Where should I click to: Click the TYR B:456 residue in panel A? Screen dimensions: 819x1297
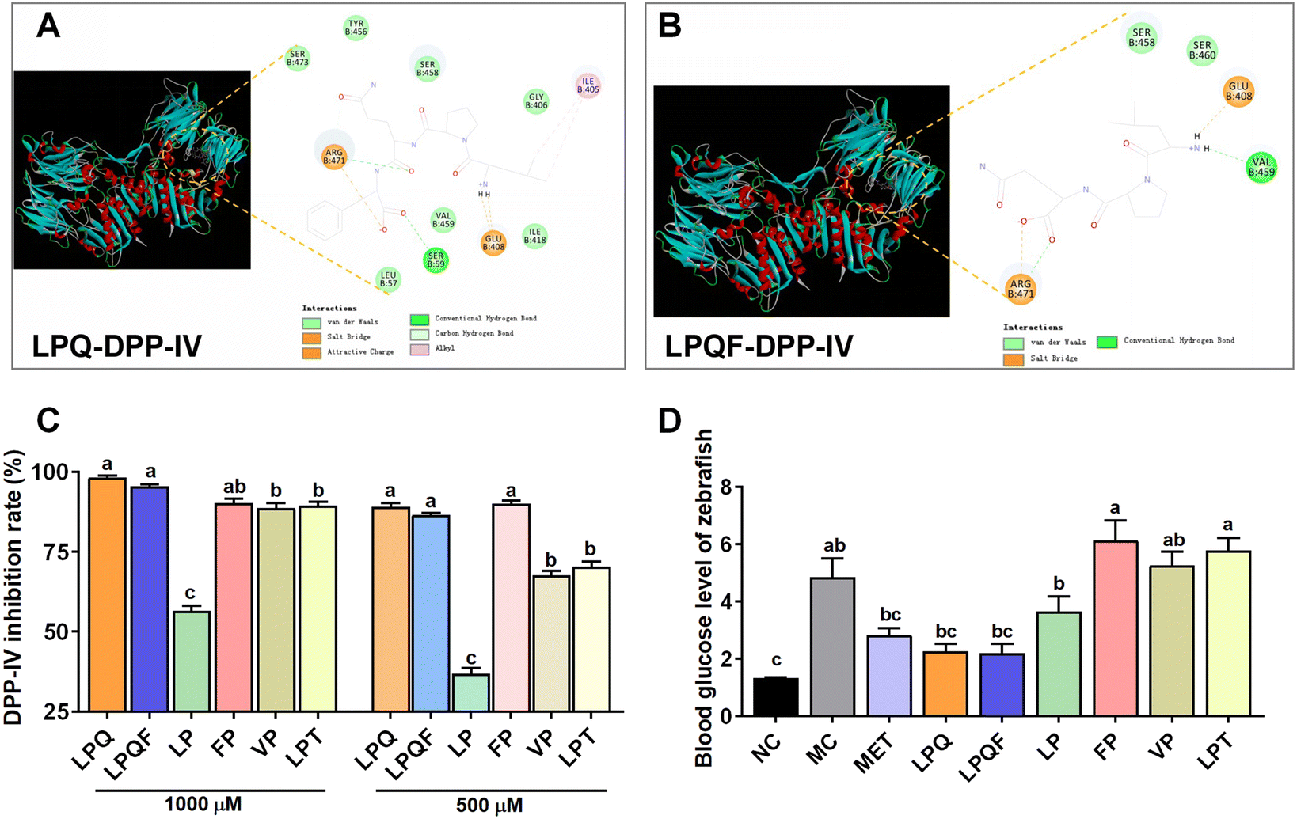coord(356,28)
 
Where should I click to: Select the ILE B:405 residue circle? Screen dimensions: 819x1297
coord(588,85)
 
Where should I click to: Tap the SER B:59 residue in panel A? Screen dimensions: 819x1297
coord(436,260)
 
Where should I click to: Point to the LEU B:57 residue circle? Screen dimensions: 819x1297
coord(388,279)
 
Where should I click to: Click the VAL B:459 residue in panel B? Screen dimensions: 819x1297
coord(1261,167)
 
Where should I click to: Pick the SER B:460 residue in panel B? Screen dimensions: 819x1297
coord(1202,50)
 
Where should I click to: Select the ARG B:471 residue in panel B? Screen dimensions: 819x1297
coord(1020,290)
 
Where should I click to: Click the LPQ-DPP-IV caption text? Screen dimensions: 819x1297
coord(117,346)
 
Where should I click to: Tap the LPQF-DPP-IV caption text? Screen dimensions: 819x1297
coord(758,346)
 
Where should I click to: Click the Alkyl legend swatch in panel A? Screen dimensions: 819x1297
coord(420,348)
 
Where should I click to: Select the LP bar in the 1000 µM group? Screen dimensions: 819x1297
coord(191,661)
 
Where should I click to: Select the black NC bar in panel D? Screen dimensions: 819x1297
coord(775,697)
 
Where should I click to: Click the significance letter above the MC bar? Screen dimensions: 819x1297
coord(834,546)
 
